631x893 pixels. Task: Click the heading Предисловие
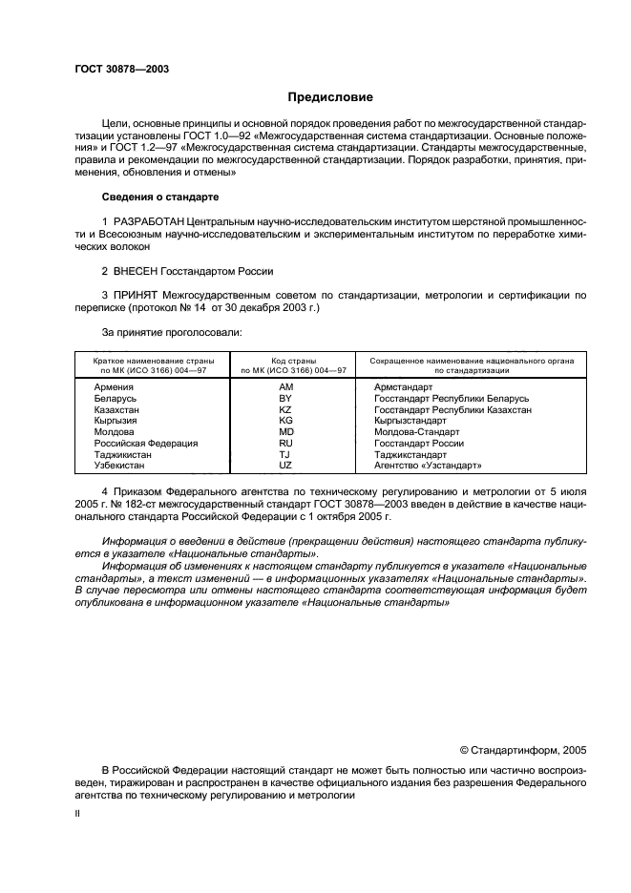(x=331, y=97)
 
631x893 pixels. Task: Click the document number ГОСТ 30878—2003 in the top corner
(x=121, y=69)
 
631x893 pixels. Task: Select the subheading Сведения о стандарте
(x=159, y=197)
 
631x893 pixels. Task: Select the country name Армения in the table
(x=114, y=386)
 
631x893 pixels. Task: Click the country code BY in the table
(x=285, y=398)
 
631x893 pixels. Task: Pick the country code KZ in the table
(x=285, y=409)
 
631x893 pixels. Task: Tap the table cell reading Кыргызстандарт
(x=410, y=421)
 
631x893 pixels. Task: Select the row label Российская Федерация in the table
(x=145, y=444)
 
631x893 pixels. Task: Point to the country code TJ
(x=285, y=455)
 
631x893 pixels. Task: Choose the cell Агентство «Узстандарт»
(x=428, y=467)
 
